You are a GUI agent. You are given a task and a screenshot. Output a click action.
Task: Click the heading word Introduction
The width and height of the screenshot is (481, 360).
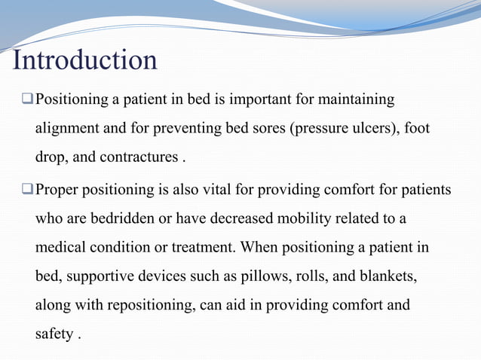click(85, 59)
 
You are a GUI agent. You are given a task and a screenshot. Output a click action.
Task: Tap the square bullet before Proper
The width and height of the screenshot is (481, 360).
click(26, 189)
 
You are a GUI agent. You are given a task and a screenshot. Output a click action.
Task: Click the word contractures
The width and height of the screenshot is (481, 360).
click(140, 158)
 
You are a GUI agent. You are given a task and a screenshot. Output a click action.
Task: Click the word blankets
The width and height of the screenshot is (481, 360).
click(384, 277)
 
